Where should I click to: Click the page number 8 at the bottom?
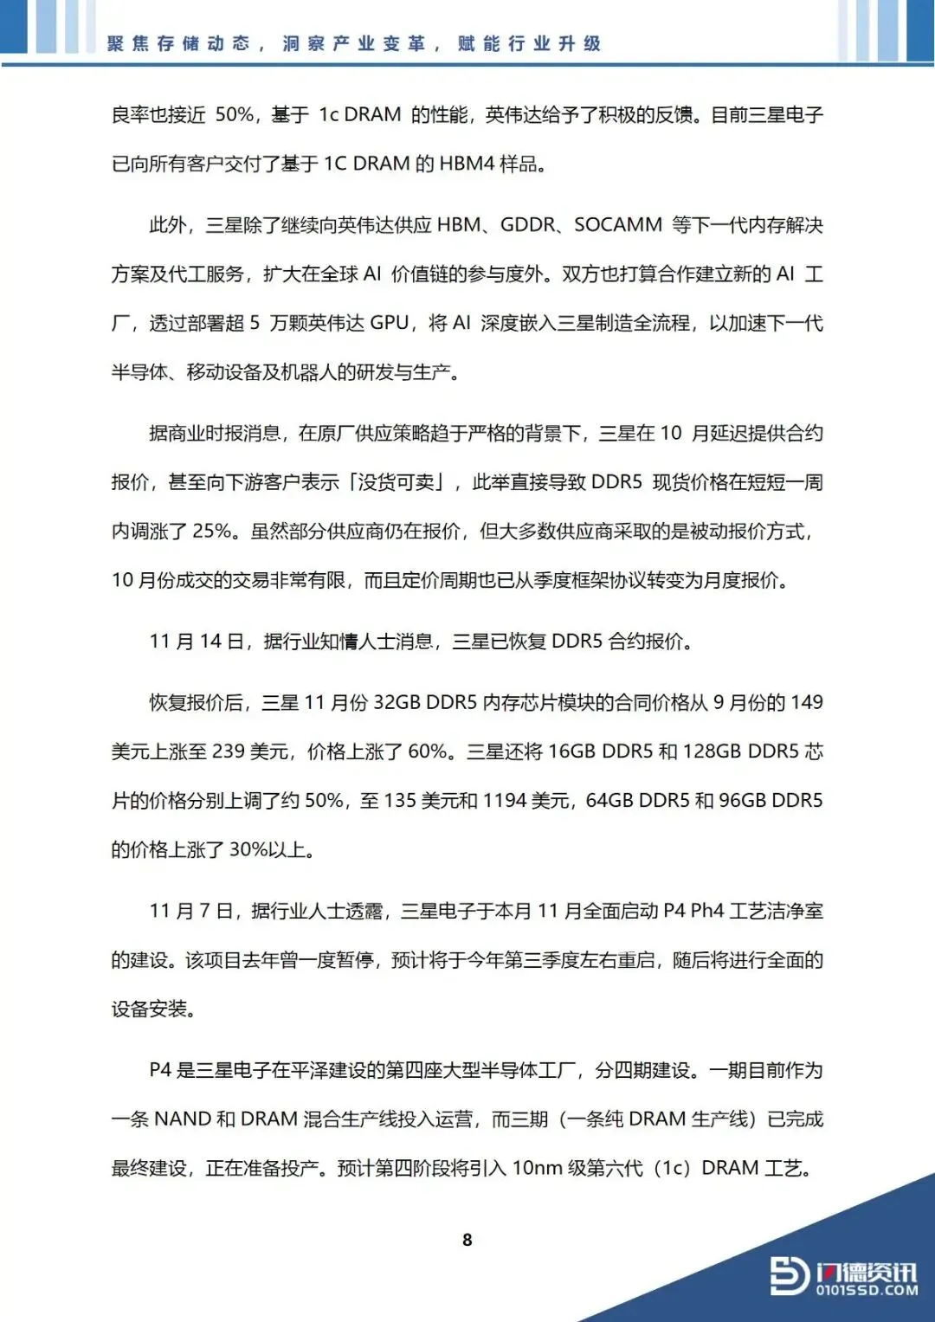click(467, 1240)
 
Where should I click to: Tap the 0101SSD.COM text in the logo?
click(867, 1290)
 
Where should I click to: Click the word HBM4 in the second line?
click(467, 164)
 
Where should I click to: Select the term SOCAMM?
click(618, 225)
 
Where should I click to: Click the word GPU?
click(389, 324)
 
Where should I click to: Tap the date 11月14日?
click(197, 642)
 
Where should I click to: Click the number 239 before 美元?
click(229, 751)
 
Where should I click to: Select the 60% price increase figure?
click(428, 751)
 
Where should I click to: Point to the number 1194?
click(505, 801)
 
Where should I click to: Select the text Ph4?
click(706, 911)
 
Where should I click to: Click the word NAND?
click(182, 1119)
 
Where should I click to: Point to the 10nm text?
click(537, 1169)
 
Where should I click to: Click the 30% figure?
click(248, 850)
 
